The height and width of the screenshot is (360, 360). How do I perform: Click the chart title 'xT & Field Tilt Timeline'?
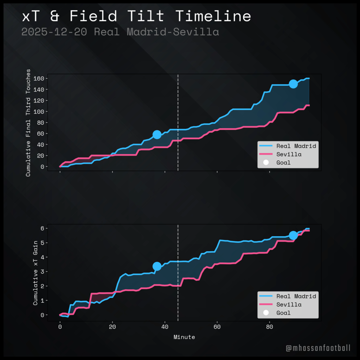tap(136, 16)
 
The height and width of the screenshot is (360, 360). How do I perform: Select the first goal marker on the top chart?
tap(157, 135)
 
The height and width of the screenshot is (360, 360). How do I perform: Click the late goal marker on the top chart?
tap(293, 84)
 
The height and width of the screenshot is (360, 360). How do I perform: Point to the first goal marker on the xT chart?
tap(157, 266)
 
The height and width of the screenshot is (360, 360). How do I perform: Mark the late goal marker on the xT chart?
tap(293, 235)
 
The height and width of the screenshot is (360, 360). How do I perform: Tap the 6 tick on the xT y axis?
tap(42, 228)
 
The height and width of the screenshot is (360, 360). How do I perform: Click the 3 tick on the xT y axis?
tap(42, 272)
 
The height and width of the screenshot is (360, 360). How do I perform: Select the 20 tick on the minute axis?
tap(112, 327)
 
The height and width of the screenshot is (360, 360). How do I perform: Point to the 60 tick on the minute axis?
tap(217, 327)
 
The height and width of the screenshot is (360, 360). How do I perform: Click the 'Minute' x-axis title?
tap(184, 337)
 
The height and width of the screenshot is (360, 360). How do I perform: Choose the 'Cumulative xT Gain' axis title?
tap(35, 272)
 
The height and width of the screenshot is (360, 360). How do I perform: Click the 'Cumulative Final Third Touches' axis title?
tap(29, 123)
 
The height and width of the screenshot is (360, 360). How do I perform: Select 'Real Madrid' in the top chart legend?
tap(296, 146)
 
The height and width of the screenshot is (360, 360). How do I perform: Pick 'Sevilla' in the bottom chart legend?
tap(289, 305)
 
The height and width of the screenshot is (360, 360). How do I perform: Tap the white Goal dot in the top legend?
tap(266, 163)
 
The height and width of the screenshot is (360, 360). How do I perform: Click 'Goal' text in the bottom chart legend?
tap(284, 313)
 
